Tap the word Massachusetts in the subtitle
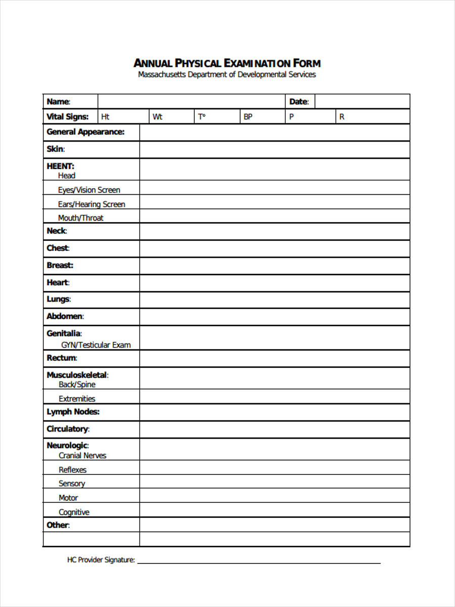[x=162, y=74]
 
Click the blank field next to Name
[x=191, y=102]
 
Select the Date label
[x=299, y=102]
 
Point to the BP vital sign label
[x=248, y=117]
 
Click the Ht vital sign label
[x=105, y=117]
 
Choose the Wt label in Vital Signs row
[x=157, y=117]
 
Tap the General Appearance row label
[x=85, y=132]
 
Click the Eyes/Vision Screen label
[x=89, y=190]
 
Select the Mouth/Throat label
[x=81, y=218]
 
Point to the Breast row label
[x=60, y=265]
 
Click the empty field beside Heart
[x=274, y=283]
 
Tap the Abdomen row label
[x=65, y=316]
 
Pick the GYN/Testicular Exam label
[x=96, y=345]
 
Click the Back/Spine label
[x=77, y=384]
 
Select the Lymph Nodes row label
[x=73, y=412]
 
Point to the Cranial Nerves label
[x=82, y=455]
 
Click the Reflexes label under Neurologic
[x=72, y=469]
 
